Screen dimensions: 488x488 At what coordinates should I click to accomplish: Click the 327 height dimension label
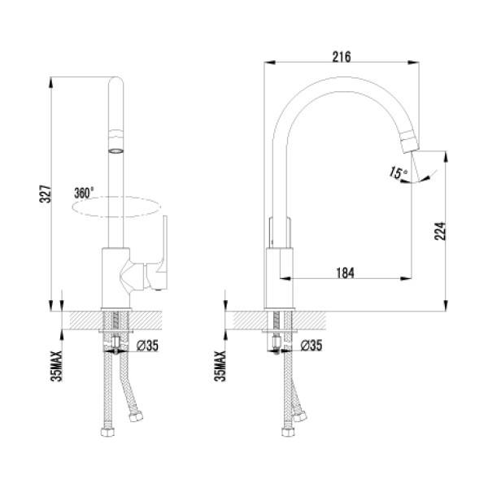coord(48,194)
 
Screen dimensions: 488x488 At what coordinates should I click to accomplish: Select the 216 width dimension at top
coord(342,56)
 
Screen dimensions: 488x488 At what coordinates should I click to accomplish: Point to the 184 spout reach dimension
coord(345,273)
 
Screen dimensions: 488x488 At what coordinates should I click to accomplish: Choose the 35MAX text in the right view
coord(217,366)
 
